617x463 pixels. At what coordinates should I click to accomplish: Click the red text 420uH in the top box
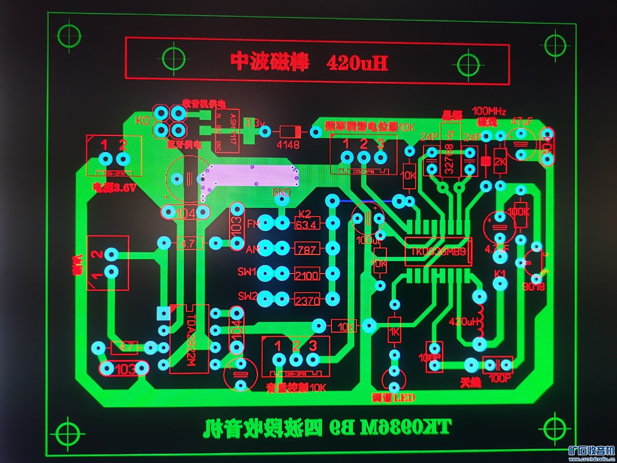(357, 63)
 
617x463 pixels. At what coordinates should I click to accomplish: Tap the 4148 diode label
(288, 144)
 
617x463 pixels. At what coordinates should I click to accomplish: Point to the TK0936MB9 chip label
(439, 251)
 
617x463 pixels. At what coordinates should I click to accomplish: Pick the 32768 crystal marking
(450, 159)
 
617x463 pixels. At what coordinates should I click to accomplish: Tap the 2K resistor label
(500, 161)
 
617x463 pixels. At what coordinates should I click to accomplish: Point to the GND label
(281, 192)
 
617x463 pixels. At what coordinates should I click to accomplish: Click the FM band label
(253, 224)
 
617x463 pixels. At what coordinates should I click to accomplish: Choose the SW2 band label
(247, 296)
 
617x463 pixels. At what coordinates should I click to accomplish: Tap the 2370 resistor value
(307, 301)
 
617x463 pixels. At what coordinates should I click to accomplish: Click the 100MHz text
(489, 111)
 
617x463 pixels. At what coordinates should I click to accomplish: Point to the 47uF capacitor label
(521, 121)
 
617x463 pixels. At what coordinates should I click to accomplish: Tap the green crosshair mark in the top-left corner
(69, 36)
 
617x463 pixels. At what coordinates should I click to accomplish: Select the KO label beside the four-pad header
(142, 120)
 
